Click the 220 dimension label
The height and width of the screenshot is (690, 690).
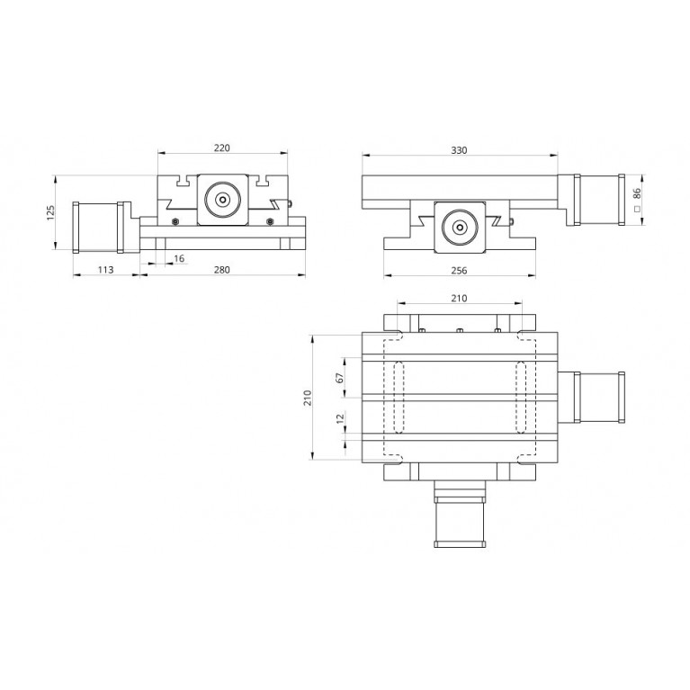(x=222, y=148)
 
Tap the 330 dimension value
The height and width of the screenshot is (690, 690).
(x=459, y=150)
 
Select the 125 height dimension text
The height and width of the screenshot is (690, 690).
(x=50, y=212)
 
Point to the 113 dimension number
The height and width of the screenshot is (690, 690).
(x=105, y=269)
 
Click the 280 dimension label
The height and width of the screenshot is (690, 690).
(x=222, y=269)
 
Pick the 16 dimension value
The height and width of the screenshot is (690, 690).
(x=179, y=258)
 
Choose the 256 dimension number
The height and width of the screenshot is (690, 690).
(x=459, y=270)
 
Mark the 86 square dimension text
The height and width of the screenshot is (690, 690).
(x=636, y=193)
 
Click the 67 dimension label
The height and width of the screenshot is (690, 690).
(x=339, y=378)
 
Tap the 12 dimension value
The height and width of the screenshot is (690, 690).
(x=340, y=418)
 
